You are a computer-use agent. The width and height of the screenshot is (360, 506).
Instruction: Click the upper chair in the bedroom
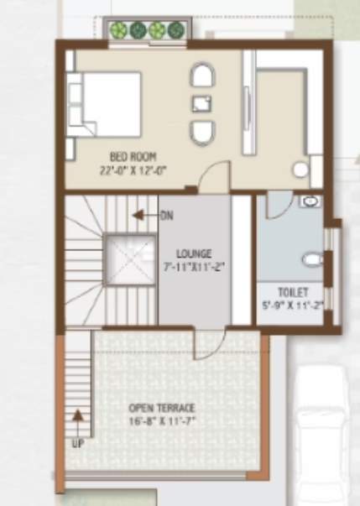201,77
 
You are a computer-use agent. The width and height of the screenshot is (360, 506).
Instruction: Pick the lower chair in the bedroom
201,133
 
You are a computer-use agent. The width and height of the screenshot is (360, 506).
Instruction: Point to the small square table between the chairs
201,104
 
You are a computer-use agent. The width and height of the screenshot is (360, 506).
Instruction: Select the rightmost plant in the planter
175,30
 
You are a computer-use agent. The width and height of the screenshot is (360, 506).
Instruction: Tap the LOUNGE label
194,253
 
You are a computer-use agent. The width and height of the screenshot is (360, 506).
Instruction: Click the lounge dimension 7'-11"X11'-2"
194,267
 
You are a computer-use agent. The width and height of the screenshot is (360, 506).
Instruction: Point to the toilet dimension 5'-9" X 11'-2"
290,305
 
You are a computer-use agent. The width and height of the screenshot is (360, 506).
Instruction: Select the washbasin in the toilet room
310,201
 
